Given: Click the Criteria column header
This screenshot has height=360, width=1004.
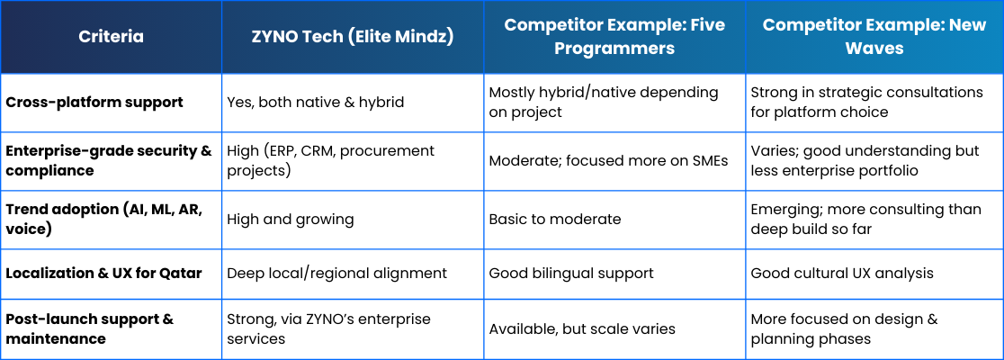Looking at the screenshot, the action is pos(111,37).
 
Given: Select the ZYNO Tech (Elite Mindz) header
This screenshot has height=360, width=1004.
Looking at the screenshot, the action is pos(353,37).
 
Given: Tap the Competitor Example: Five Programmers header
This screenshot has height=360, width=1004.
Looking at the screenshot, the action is pos(614,37).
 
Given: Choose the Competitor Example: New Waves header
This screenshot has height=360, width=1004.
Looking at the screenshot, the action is pos(874,37).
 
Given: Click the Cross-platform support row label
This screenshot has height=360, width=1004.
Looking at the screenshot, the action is pos(94,103).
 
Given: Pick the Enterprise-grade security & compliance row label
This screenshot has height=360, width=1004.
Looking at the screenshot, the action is pos(108,161).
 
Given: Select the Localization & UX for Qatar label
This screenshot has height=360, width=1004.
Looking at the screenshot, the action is pos(103,273).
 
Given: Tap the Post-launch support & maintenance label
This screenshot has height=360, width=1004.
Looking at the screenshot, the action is pos(90,328).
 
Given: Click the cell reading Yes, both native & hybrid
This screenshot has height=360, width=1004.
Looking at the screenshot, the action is pos(316,103).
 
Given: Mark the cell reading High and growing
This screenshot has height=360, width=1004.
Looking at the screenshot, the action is pos(291,220).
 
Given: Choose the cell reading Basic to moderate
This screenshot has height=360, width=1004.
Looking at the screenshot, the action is pos(555,220).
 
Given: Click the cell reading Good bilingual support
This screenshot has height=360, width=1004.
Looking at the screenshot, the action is pos(571,274).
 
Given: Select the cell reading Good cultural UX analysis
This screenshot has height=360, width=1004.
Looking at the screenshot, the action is pos(842,274).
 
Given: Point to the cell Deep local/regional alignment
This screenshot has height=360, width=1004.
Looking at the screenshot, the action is pos(336,274).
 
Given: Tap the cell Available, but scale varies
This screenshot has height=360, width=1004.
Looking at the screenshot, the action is pos(582,329).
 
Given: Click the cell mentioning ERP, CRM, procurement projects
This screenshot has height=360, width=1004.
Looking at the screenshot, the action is pos(331,161).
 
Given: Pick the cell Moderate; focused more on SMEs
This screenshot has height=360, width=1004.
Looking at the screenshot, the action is pos(608,161).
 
